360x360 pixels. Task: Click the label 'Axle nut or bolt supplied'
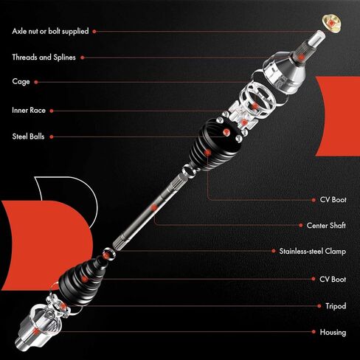50,32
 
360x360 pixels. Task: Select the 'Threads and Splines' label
43,57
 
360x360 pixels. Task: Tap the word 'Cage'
21,81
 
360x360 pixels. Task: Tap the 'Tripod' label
335,305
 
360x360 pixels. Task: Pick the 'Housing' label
333,332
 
